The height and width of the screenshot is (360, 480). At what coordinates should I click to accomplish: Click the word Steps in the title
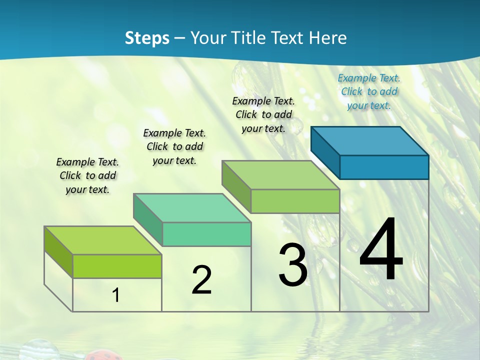pyautogui.click(x=147, y=38)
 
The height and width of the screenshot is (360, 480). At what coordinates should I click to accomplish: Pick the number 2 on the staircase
pyautogui.click(x=201, y=279)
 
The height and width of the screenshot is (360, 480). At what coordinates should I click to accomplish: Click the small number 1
pyautogui.click(x=115, y=295)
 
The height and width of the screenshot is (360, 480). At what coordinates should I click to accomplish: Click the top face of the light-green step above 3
pyautogui.click(x=280, y=175)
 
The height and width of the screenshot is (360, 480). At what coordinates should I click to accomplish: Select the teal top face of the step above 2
pyautogui.click(x=192, y=208)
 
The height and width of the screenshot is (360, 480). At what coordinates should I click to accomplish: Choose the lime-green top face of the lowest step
pyautogui.click(x=103, y=240)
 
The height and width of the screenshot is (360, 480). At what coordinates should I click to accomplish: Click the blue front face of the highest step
pyautogui.click(x=384, y=167)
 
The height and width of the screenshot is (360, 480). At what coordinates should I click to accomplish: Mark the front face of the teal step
pyautogui.click(x=206, y=234)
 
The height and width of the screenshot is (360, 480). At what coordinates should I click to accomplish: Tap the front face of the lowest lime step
pyautogui.click(x=117, y=266)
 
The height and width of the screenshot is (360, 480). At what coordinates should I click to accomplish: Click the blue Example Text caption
pyautogui.click(x=369, y=91)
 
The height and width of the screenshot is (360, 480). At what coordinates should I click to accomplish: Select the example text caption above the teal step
pyautogui.click(x=174, y=146)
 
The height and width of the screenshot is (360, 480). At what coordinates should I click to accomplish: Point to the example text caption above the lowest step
pyautogui.click(x=87, y=175)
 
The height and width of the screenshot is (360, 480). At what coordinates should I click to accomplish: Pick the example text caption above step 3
pyautogui.click(x=263, y=114)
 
